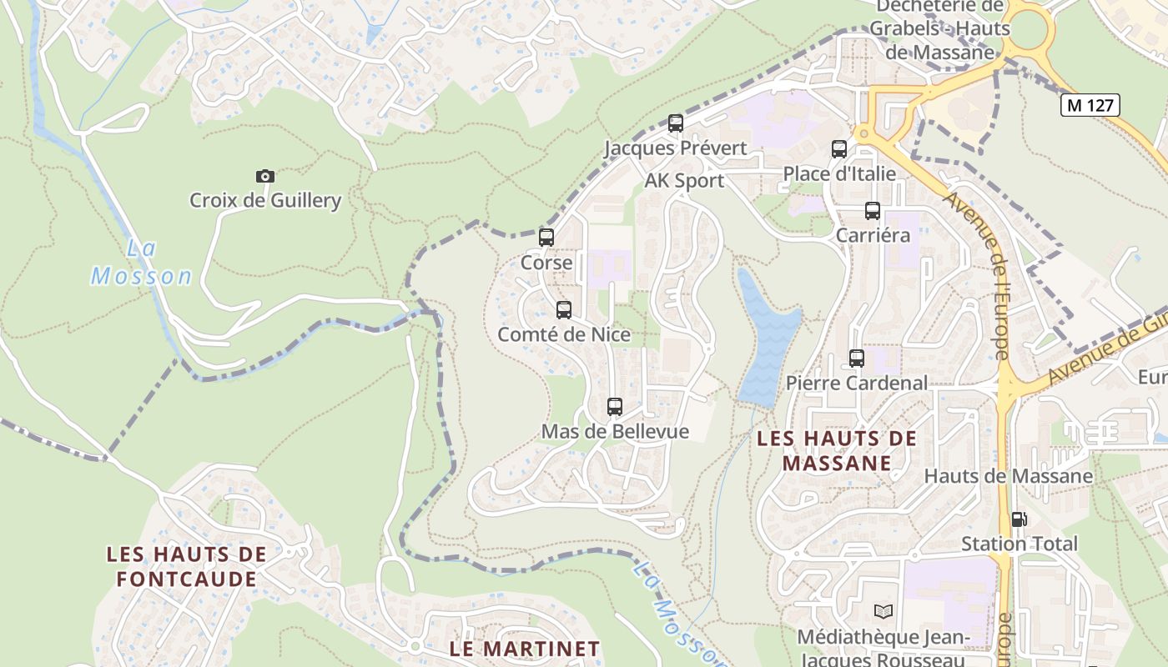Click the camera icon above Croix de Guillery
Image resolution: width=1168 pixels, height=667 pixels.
pos(264,176)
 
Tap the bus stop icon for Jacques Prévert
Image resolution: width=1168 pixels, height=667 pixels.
pos(676,123)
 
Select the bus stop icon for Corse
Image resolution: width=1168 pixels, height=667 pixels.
pos(546,238)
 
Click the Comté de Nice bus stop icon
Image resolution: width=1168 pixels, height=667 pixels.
pos(564,310)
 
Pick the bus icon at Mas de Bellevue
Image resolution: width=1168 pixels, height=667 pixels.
pos(615,407)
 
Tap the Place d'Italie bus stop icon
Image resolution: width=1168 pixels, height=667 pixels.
pos(839,149)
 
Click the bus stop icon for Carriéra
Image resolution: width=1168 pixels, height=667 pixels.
pos(873,211)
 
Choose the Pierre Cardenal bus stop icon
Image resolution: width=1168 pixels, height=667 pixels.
pos(857,359)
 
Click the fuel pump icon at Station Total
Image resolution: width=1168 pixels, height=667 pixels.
pos(1019,519)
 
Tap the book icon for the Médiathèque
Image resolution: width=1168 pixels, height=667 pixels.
pos(884,611)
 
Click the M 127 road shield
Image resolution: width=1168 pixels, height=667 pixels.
pos(1090,105)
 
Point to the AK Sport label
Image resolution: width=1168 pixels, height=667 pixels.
pos(684,181)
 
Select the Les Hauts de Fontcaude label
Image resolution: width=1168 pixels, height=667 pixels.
pos(186,566)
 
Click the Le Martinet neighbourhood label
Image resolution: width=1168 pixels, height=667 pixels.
pos(524,649)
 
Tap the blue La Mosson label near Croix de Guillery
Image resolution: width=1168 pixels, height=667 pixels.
pos(141,262)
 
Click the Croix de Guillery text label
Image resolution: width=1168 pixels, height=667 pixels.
pos(265,200)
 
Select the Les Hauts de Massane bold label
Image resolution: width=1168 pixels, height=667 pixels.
pos(837,450)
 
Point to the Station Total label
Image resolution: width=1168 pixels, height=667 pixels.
pos(1019,544)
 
